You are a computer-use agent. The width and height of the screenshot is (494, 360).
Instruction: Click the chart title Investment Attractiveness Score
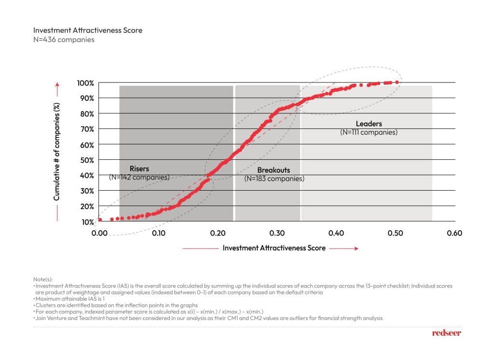click(x=88, y=30)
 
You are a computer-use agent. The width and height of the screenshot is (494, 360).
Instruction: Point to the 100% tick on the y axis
click(x=85, y=83)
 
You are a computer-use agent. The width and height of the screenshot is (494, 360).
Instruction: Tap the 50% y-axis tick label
click(x=86, y=160)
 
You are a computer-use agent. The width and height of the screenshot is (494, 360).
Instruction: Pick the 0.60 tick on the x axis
click(x=454, y=233)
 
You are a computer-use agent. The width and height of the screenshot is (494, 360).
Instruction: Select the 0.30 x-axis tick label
click(x=277, y=233)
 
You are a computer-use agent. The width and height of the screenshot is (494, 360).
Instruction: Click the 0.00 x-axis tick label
click(x=99, y=233)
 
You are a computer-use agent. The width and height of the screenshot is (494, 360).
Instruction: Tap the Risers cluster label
click(x=139, y=169)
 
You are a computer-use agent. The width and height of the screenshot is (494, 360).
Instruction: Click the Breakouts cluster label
click(x=274, y=170)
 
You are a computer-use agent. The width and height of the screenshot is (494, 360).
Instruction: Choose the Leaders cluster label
click(x=369, y=124)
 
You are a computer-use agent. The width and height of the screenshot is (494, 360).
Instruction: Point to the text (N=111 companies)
click(x=369, y=132)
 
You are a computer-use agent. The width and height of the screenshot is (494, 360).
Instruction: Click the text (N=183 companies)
click(x=274, y=179)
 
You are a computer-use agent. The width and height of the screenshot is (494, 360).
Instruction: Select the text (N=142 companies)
click(x=139, y=177)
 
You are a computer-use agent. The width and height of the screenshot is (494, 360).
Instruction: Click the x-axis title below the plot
click(x=274, y=248)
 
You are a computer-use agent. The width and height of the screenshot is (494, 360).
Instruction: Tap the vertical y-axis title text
click(x=56, y=152)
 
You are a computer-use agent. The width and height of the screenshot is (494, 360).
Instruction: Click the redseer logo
click(x=447, y=333)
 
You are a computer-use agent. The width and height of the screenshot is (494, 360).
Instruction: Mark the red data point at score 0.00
click(x=100, y=220)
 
